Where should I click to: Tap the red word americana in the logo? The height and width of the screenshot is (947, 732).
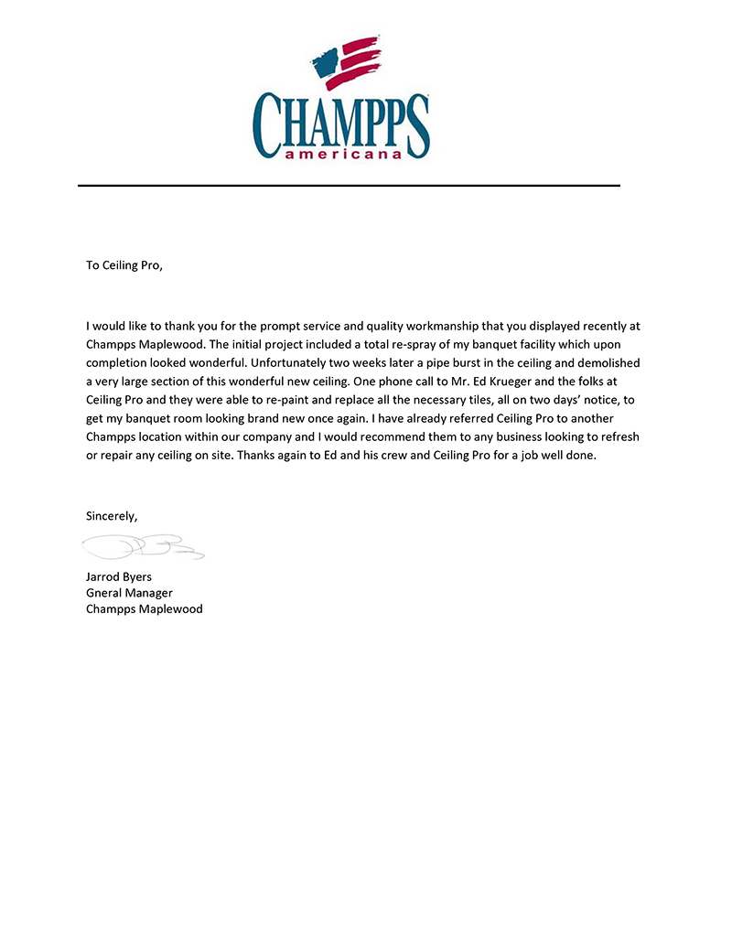(343, 155)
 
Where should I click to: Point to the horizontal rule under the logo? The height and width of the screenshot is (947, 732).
(349, 186)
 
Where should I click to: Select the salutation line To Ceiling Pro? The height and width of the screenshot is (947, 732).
(124, 265)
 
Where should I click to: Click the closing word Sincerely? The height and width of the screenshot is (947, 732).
(112, 516)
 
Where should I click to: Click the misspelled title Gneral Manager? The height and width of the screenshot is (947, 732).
(129, 593)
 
